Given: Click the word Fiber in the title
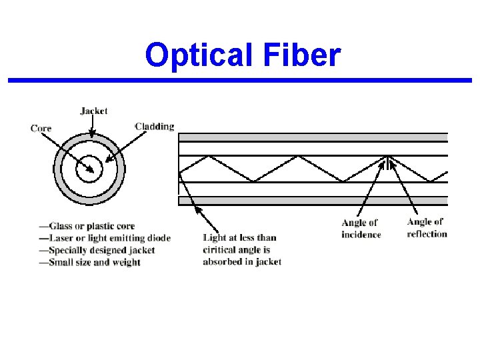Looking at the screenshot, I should pos(304,56).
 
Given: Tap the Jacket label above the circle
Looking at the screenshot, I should pos(93,111).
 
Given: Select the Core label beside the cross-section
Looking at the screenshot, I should pos(41,128).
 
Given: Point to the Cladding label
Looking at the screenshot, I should pos(155,127).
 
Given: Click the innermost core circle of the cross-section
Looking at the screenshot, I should pos(89,169).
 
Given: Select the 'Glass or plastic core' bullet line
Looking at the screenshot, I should pos(87,226).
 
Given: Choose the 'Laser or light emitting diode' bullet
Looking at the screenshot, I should pos(105,238).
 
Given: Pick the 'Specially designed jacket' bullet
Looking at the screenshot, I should pos(97,250).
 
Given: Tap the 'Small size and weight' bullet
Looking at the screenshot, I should pos(90,262).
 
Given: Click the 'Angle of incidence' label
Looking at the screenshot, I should pos(361,229).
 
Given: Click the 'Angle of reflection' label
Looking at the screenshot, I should pos(426,227).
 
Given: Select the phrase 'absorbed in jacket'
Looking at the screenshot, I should pos(242,262).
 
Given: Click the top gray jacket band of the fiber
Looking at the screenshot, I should pos(313,137).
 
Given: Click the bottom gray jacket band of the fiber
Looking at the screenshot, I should pos(313,200).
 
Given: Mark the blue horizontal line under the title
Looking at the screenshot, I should pos(240,81).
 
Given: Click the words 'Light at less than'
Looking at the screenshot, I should pos(239,238).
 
